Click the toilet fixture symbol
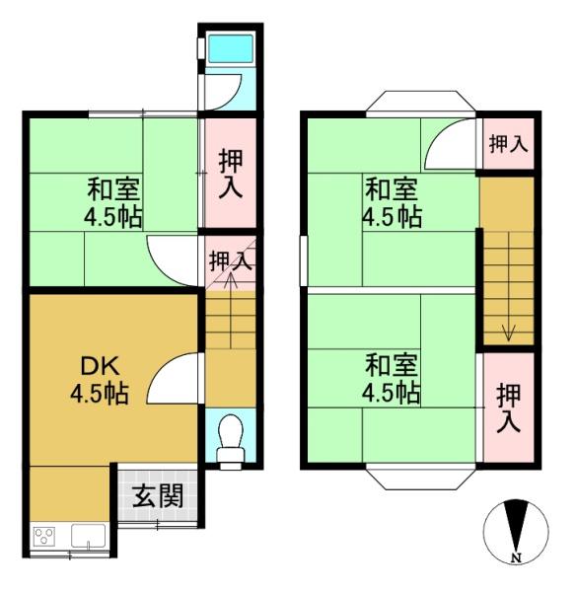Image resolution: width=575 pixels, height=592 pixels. click(x=231, y=441)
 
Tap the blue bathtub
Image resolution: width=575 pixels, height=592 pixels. click(x=231, y=48)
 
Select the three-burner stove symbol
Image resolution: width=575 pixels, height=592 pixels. click(x=44, y=537)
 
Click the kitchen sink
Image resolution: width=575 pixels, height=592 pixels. click(x=89, y=536)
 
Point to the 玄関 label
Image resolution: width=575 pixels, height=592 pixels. click(x=158, y=495)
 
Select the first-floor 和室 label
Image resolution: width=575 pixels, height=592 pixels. click(x=113, y=189)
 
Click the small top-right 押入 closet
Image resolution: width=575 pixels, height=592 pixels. click(x=508, y=144)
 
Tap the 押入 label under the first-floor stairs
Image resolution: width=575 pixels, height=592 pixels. click(x=231, y=261)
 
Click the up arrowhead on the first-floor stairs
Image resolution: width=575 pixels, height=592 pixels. click(x=231, y=279)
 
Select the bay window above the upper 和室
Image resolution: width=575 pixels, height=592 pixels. click(x=420, y=102)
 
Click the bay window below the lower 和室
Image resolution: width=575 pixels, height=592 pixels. click(x=420, y=480)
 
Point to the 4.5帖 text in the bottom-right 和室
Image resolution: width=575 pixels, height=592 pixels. click(x=391, y=393)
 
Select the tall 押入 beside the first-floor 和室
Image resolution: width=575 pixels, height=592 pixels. click(x=231, y=173)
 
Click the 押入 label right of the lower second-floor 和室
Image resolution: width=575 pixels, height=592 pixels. click(x=509, y=407)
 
